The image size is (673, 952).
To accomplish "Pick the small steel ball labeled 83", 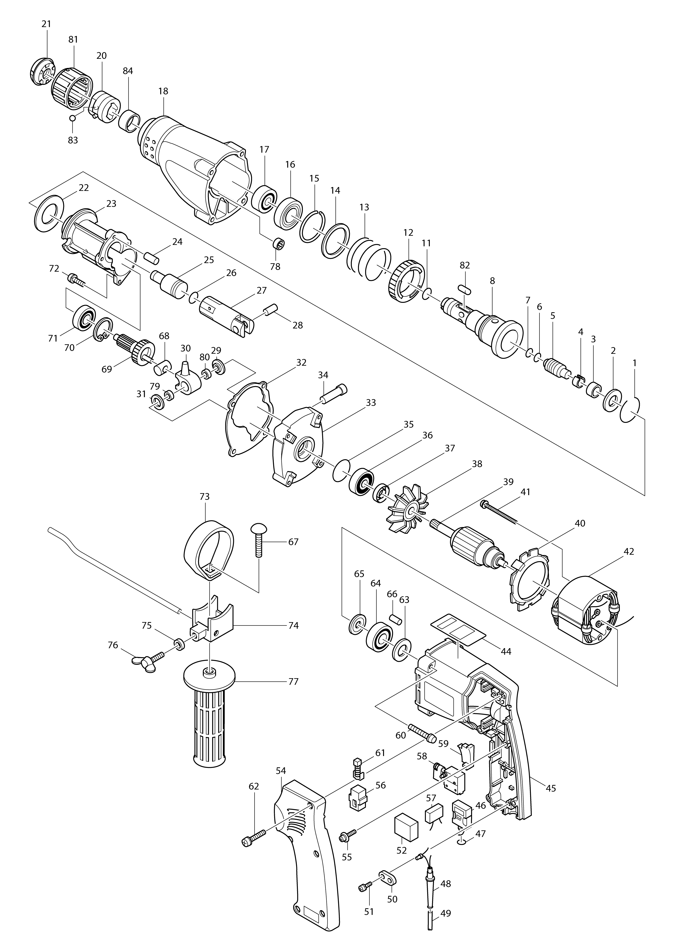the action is (x=73, y=118).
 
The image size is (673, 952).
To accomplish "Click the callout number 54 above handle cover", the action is (x=281, y=770).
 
